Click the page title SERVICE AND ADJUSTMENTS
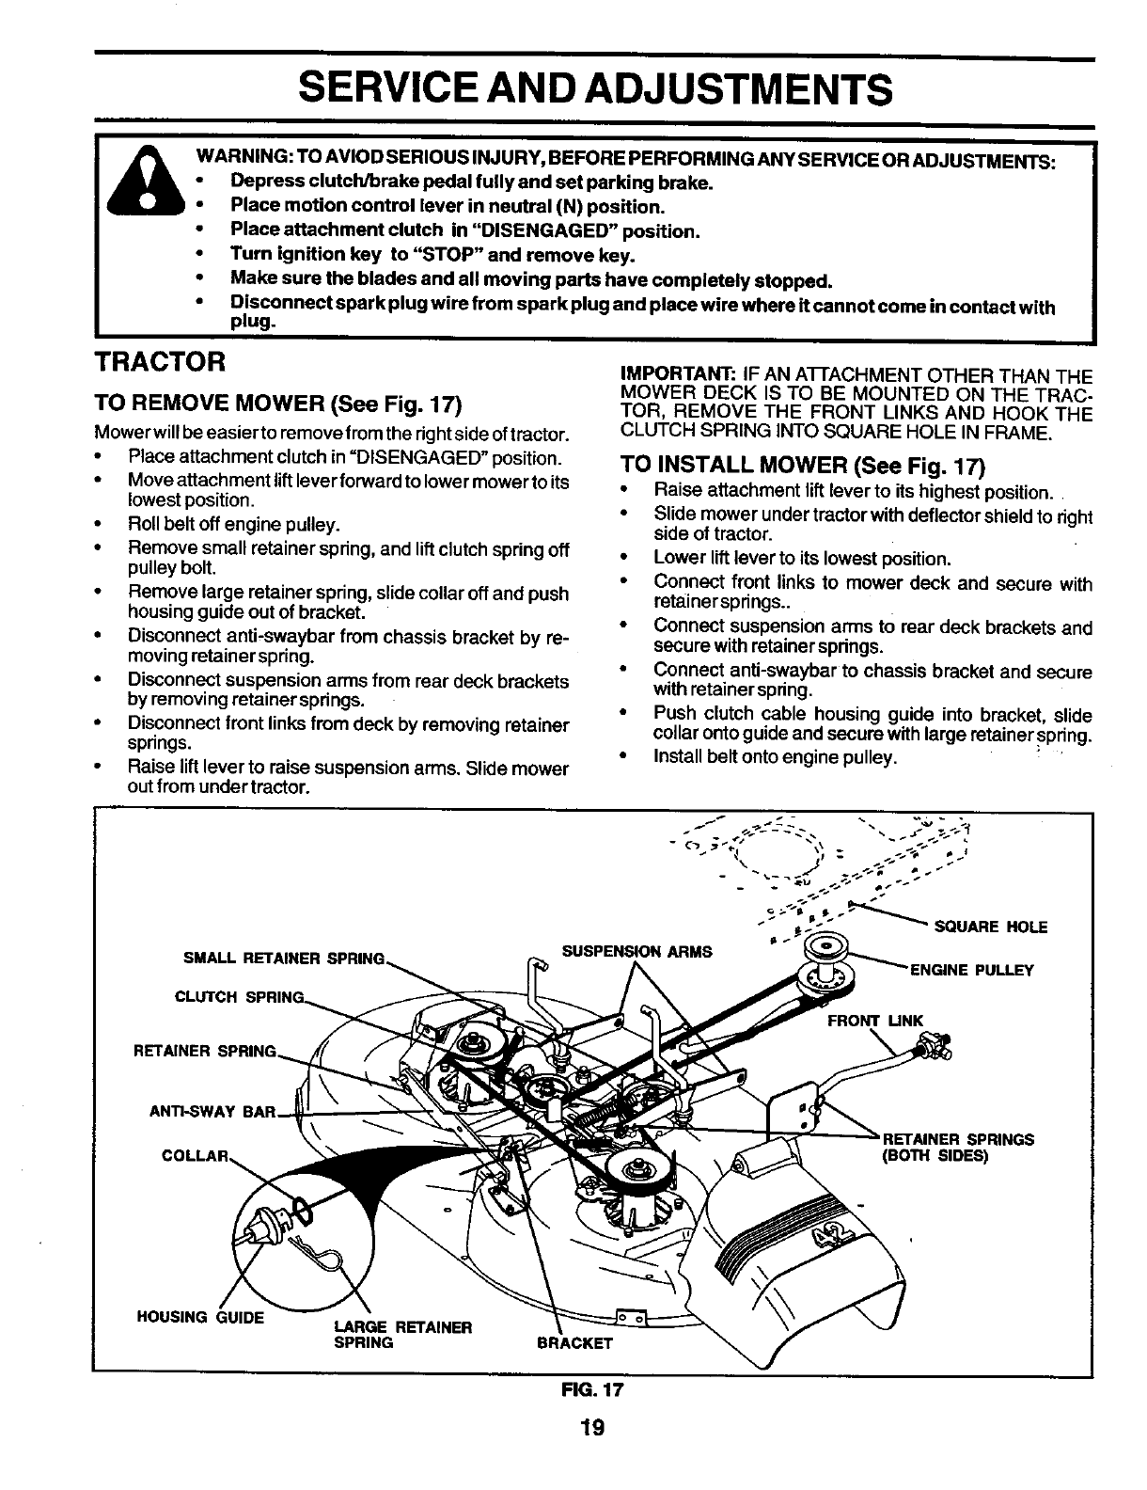click(x=593, y=90)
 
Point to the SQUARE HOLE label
click(x=991, y=927)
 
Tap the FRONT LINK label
click(x=875, y=1021)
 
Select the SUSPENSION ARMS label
click(x=636, y=952)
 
